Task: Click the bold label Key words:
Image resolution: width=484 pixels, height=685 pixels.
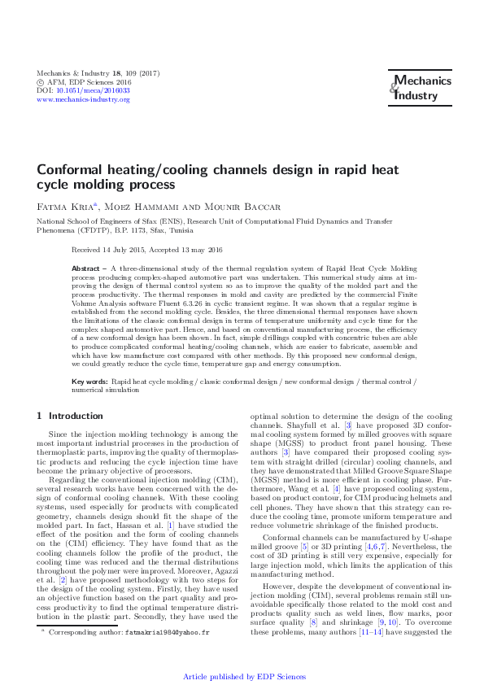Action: [89, 381]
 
